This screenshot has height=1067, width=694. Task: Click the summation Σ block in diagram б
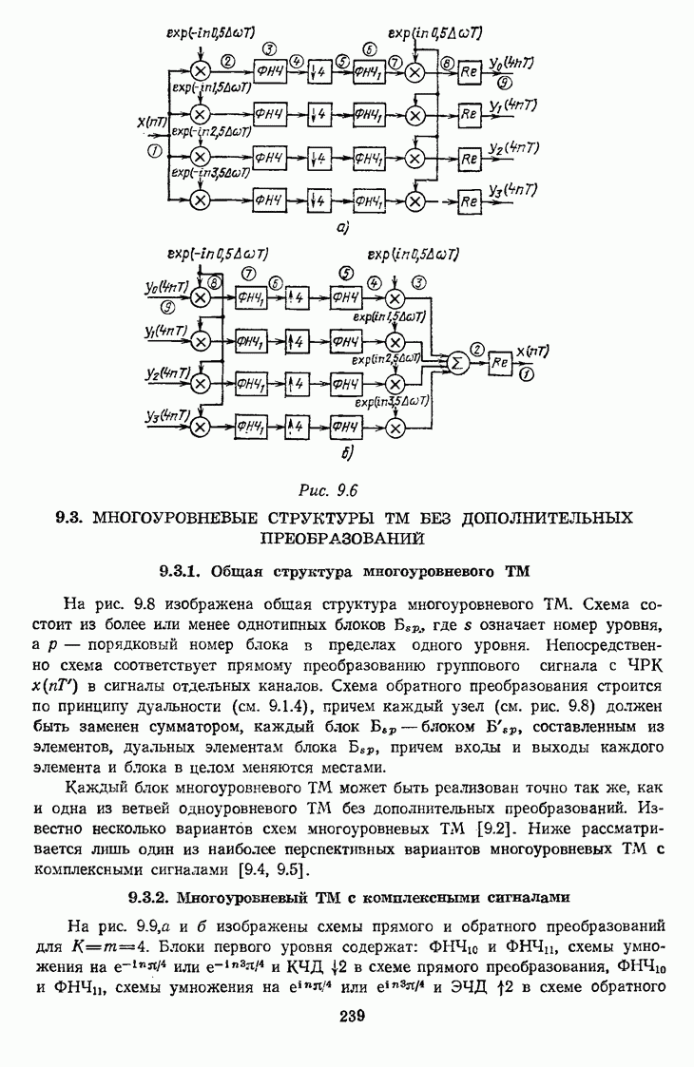click(458, 363)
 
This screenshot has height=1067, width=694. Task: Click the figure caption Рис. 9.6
click(332, 491)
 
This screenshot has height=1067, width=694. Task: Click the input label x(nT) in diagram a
click(153, 122)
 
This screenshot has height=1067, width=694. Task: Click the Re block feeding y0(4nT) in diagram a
click(468, 73)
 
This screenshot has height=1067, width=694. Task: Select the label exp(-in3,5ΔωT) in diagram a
click(210, 173)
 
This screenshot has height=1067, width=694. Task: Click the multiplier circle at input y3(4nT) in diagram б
click(201, 427)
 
